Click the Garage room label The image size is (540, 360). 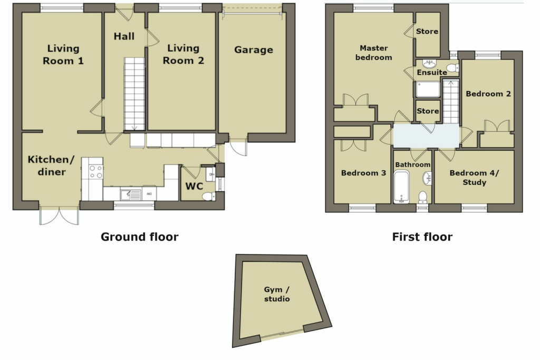[254, 50]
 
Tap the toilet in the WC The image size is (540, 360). [208, 196]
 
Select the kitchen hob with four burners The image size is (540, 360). [95, 172]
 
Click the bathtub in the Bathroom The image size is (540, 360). [402, 187]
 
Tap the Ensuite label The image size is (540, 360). [432, 72]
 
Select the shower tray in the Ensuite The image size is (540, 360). [428, 89]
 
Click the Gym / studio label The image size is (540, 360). [277, 294]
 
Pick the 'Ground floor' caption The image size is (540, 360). [139, 237]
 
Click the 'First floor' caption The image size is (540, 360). [422, 237]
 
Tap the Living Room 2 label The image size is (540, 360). [183, 54]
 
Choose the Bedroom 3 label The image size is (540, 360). [363, 173]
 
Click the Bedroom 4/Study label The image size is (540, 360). [474, 178]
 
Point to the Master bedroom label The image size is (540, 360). [374, 53]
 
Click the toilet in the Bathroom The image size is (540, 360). [422, 197]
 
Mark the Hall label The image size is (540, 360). [124, 36]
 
